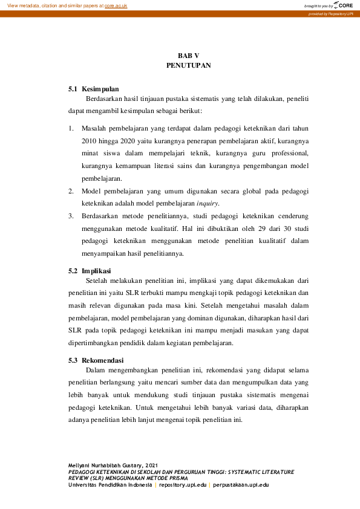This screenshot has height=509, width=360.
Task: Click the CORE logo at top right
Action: coord(342,5)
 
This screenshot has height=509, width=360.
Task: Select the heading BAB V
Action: coord(188,55)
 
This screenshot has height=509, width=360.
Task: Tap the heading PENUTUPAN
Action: coord(188,65)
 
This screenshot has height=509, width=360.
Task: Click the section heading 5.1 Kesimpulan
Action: coord(94,89)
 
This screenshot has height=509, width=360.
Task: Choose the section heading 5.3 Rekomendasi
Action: coord(97,360)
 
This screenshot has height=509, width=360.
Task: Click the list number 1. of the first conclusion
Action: coord(71,128)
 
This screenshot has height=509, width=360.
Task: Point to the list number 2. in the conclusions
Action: coord(71,191)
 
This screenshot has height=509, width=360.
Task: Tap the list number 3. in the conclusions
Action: coord(71,216)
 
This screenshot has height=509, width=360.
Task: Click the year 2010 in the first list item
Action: coord(90,141)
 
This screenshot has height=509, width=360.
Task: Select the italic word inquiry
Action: coord(208,204)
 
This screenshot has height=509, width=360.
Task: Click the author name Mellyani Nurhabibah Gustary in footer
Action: coord(106,464)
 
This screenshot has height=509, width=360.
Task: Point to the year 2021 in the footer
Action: coord(151,464)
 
